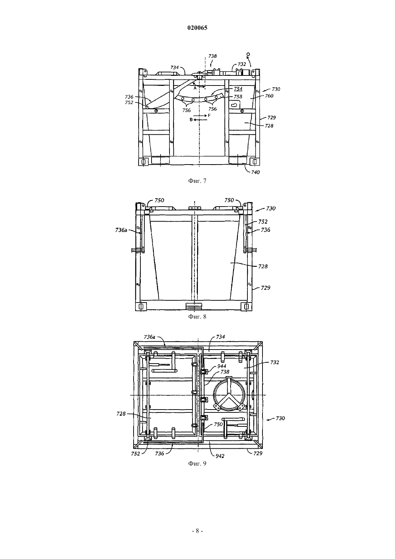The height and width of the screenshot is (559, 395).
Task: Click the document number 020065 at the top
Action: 197,28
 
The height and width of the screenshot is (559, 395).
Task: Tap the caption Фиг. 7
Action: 197,181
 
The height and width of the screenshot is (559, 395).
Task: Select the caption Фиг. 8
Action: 197,317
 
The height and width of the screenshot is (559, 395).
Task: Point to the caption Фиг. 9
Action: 197,464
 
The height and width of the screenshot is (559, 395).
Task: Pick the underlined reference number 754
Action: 238,89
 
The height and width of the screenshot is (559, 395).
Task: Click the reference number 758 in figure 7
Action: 238,97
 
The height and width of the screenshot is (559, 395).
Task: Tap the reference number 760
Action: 269,96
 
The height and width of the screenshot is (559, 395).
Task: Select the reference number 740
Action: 255,172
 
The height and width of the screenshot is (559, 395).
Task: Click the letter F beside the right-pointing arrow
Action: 209,116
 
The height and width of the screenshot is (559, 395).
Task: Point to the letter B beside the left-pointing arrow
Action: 191,120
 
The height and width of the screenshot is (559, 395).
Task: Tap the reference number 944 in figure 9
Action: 222,366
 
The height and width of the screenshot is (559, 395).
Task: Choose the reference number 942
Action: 220,456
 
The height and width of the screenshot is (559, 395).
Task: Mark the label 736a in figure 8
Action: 121,230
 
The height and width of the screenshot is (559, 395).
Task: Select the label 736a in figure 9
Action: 150,337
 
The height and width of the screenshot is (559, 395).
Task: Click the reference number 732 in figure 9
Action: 275,362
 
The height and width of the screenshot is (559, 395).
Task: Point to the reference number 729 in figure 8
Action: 266,288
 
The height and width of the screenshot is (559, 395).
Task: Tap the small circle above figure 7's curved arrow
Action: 248,54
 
